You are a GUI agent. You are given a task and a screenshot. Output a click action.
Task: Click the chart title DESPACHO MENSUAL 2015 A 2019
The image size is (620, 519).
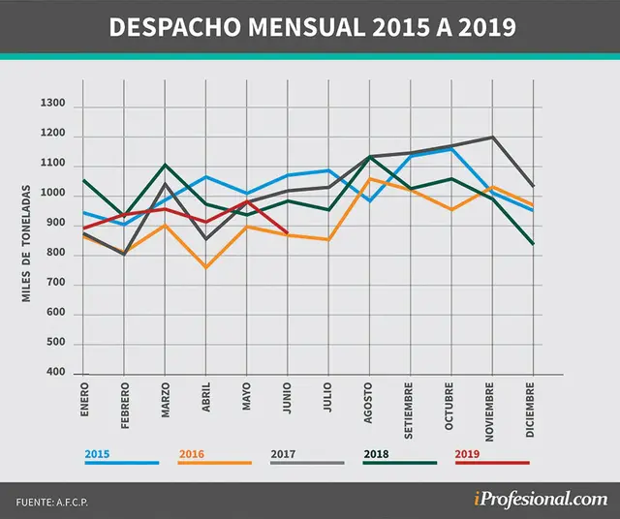click(312, 27)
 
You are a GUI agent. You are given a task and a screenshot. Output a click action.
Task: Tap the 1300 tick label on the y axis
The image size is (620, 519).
click(53, 104)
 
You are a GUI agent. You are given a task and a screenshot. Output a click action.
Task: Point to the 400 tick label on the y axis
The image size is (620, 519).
click(56, 372)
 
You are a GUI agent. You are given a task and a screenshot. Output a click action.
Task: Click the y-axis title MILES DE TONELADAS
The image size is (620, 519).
click(26, 243)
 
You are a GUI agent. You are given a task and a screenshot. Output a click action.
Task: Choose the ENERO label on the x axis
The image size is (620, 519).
click(84, 399)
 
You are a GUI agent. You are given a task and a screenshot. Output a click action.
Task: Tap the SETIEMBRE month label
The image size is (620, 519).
click(409, 411)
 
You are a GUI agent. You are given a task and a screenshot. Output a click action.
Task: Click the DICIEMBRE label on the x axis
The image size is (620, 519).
click(531, 410)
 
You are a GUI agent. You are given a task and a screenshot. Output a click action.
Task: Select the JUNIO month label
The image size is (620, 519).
click(288, 398)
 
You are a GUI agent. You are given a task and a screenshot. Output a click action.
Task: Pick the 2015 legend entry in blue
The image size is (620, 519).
click(122, 458)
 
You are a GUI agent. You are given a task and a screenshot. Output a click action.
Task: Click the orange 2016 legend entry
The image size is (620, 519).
click(215, 458)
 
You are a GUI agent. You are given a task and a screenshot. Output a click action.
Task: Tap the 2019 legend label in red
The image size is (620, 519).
click(492, 458)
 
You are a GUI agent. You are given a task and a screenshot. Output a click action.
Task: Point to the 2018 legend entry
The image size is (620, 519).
click(400, 458)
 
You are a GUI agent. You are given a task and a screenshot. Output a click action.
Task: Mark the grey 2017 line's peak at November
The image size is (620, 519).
click(493, 137)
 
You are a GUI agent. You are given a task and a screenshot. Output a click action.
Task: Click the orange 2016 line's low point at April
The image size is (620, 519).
click(206, 267)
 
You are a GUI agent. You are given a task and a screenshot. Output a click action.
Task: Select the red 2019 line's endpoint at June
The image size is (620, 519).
click(287, 232)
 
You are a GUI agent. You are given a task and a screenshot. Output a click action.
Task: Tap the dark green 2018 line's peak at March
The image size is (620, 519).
click(165, 165)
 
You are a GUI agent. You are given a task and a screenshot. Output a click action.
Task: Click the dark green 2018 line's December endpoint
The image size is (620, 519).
click(533, 244)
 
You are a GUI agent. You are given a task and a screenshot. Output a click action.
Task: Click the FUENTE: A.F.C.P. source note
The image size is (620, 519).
click(51, 503)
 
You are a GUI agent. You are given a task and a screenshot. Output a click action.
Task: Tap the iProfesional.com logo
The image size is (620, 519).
click(541, 500)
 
